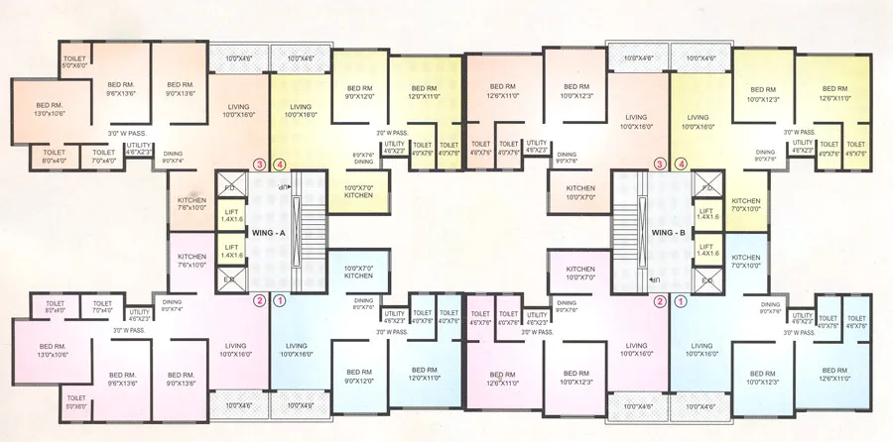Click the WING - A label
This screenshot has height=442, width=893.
pyautogui.click(x=267, y=233)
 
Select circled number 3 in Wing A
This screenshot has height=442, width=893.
pyautogui.click(x=260, y=165)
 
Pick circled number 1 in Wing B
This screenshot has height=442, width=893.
pyautogui.click(x=681, y=300)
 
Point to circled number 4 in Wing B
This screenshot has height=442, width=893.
pyautogui.click(x=681, y=165)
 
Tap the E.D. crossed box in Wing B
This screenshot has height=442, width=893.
pyautogui.click(x=708, y=281)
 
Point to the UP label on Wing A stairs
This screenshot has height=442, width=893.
pyautogui.click(x=284, y=186)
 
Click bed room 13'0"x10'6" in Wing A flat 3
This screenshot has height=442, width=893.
pyautogui.click(x=50, y=109)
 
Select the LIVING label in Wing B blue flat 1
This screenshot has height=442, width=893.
pyautogui.click(x=710, y=348)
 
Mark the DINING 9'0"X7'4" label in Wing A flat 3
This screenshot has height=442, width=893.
pyautogui.click(x=173, y=157)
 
